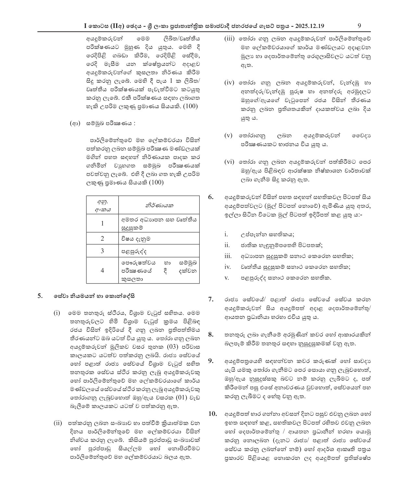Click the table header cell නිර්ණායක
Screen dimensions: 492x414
[159, 205]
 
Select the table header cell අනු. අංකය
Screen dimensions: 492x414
[102, 205]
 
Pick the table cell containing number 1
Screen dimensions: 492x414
[102, 223]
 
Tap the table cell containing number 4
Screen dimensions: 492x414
[102, 270]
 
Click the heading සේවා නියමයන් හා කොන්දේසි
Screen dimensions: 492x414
[94, 296]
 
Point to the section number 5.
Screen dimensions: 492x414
[40, 296]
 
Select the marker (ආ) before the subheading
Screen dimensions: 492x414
[75, 124]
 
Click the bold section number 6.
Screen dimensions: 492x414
[211, 197]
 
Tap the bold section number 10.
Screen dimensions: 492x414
[212, 414]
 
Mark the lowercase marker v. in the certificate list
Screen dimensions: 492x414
[227, 278]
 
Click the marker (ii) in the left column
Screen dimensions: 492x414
[57, 423]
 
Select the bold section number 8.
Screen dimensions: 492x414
[211, 334]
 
